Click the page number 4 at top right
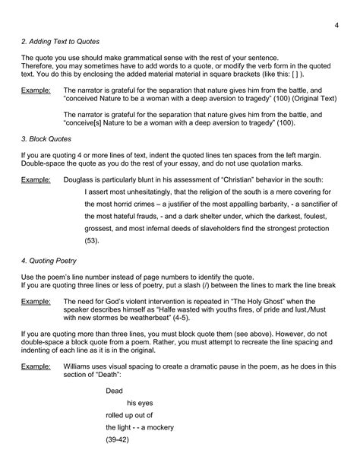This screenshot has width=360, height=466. [x=335, y=28]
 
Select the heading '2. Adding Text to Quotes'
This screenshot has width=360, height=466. [x=61, y=40]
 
